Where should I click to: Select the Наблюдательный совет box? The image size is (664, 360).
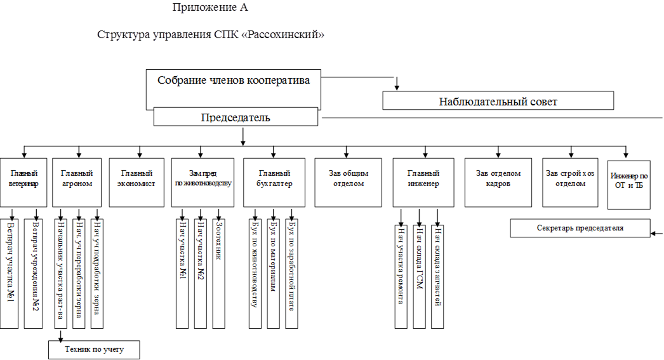pyautogui.click(x=498, y=101)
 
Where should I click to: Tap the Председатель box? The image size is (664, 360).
pyautogui.click(x=236, y=117)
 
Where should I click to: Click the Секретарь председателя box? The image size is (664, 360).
pyautogui.click(x=580, y=228)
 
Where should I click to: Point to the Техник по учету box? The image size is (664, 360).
pyautogui.click(x=94, y=350)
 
